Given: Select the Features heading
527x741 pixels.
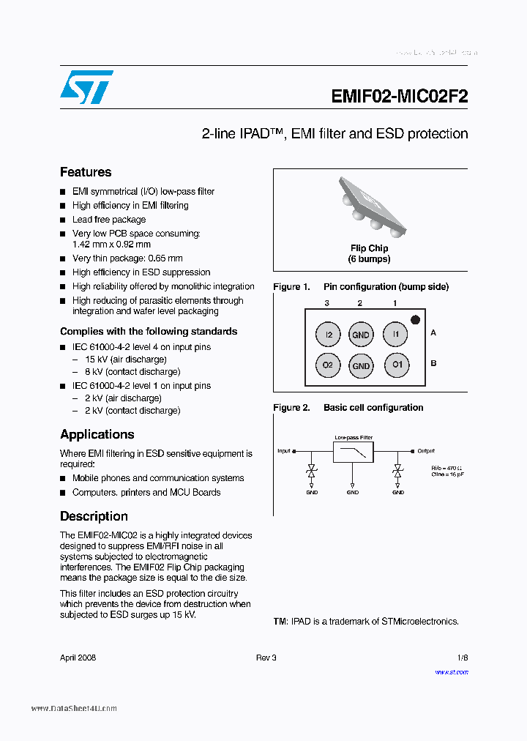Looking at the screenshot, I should point(86,172).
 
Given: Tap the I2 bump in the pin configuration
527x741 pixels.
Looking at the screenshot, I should point(328,335).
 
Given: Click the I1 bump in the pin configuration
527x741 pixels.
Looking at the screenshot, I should point(396,335).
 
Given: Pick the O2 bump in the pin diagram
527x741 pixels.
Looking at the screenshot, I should point(328,365).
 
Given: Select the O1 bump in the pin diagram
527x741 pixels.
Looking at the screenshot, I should point(396,365).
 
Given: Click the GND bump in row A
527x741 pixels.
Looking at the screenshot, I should point(361,335).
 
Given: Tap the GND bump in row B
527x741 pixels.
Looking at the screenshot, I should point(361,365).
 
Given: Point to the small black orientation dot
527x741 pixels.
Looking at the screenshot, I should point(415,319).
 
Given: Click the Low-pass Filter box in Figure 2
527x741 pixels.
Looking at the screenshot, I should point(353,452).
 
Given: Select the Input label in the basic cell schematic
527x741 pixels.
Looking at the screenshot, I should point(284,451).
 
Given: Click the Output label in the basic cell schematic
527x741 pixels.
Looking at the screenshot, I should point(425,451).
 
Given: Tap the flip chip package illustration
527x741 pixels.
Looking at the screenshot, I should point(370,206).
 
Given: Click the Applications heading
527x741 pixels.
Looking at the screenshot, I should point(97,434).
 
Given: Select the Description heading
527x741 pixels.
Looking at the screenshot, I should point(94,516).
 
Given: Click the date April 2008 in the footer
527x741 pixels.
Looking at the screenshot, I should point(78,658).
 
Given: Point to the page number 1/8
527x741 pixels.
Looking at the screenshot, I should point(463,658).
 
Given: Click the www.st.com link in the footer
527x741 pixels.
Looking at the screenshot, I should point(452,672).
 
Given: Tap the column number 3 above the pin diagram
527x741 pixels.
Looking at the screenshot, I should point(328,302).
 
